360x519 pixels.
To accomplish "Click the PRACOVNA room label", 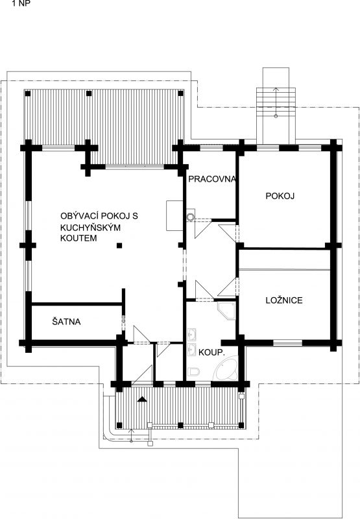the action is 212,179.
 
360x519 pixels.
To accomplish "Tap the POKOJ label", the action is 280,196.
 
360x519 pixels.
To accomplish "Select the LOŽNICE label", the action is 284,300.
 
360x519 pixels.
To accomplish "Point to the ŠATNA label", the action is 67,321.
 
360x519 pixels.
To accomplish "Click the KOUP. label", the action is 211,353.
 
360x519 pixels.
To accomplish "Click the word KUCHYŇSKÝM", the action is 90,228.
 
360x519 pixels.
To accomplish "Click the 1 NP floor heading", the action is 21,5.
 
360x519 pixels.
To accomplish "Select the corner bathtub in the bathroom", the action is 225,368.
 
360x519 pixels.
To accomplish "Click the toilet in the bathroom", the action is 193,372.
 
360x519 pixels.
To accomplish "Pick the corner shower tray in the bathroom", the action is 226,311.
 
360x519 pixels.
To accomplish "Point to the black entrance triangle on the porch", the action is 142,399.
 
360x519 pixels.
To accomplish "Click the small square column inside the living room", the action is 119,245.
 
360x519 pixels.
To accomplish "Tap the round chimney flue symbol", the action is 190,217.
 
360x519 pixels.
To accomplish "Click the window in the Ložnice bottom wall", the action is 288,343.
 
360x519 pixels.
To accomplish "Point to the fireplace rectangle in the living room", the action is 174,215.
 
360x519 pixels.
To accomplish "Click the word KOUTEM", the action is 78,238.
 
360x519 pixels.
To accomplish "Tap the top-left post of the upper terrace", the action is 28,93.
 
